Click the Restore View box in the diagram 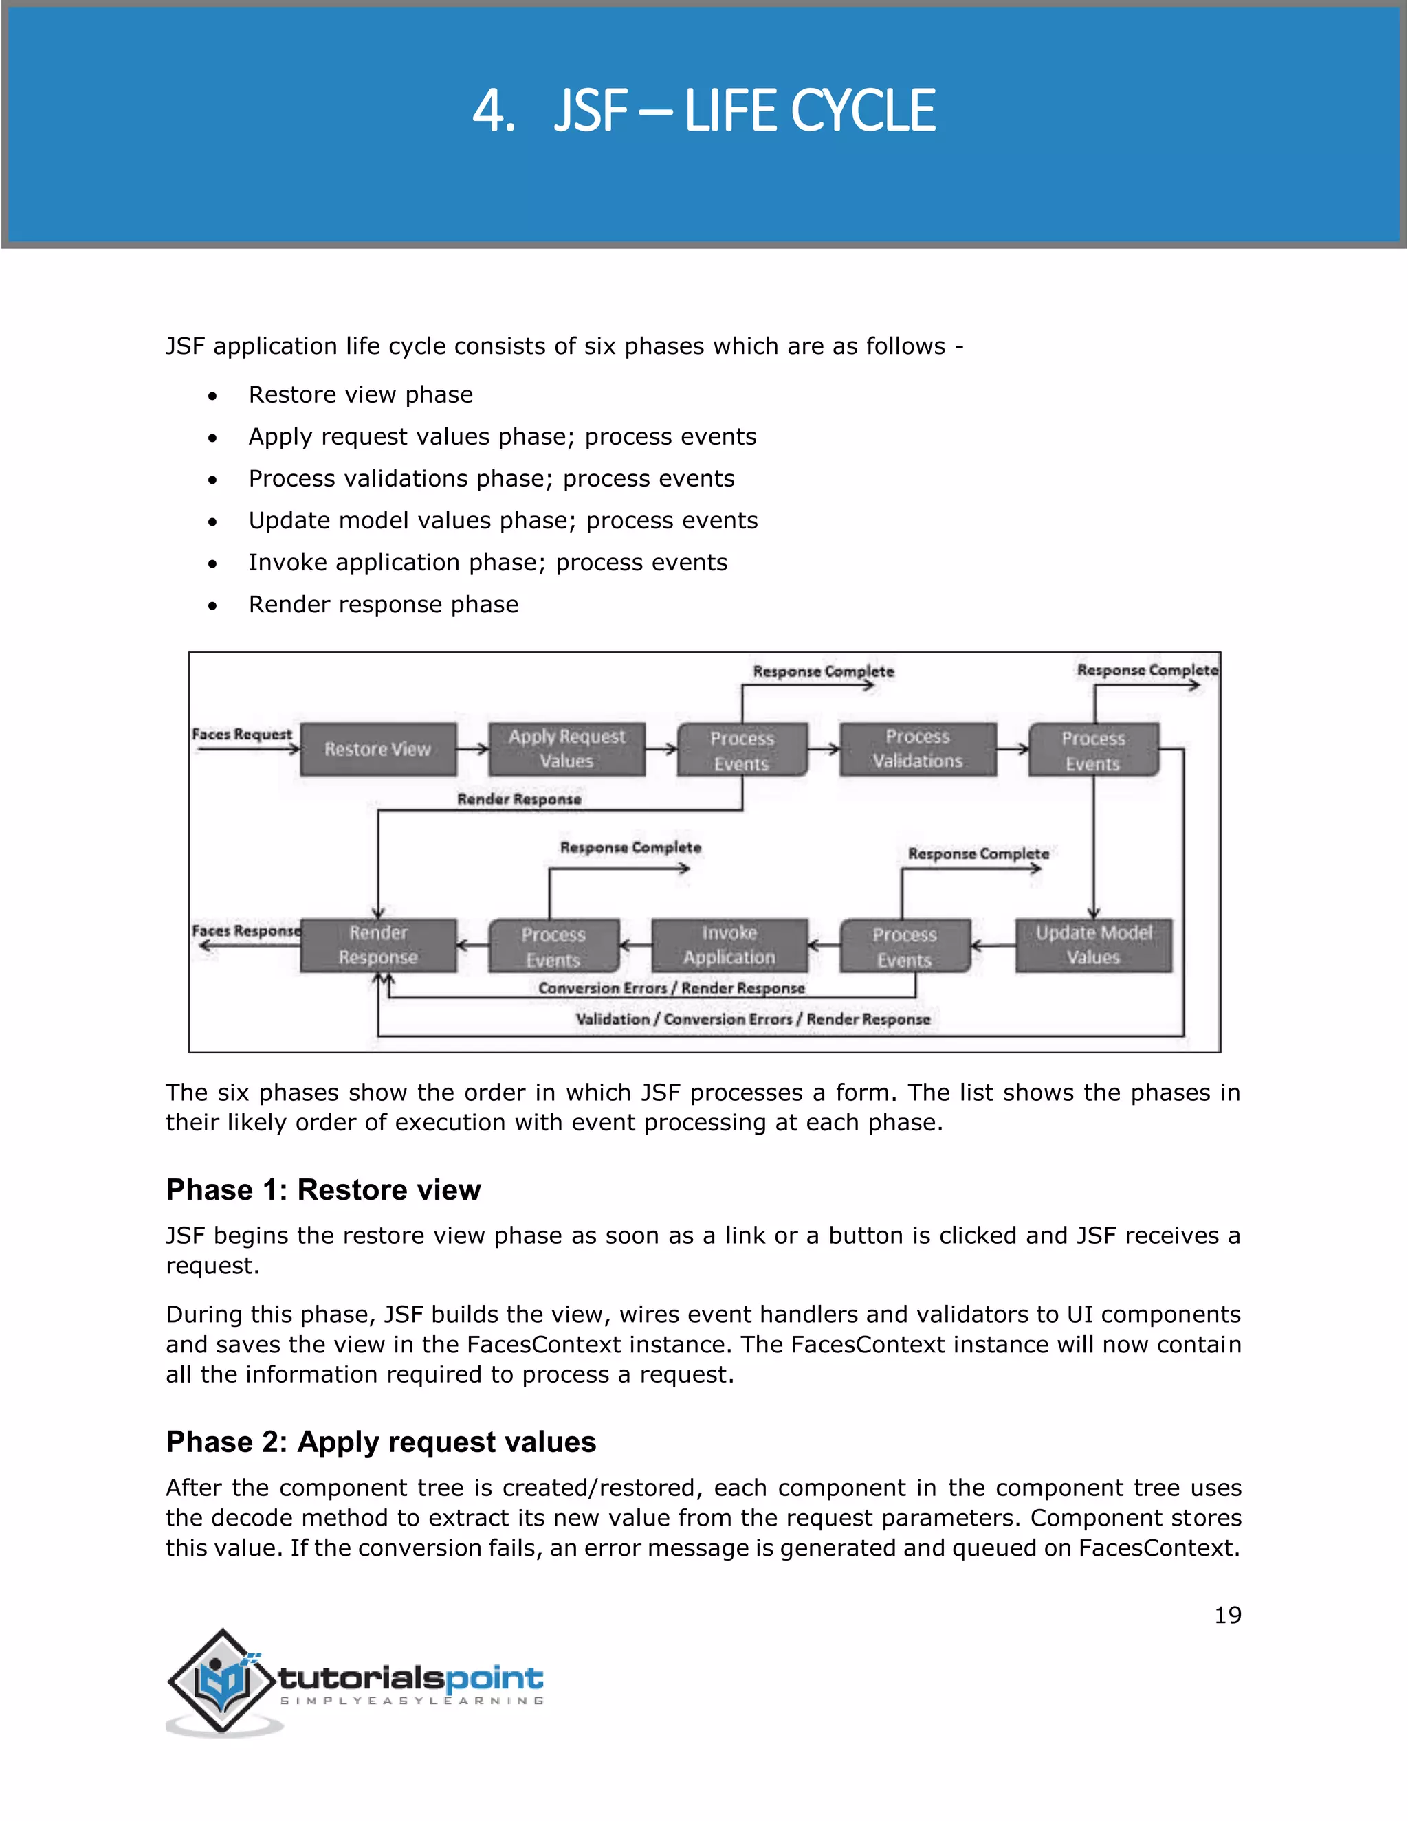click(378, 749)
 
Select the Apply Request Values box click(566, 749)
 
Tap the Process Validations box click(918, 749)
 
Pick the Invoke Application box click(729, 945)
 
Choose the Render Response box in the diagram click(378, 945)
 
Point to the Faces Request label click(242, 734)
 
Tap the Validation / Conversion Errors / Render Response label click(752, 1019)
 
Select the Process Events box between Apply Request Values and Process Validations click(742, 750)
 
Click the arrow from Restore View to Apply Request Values click(472, 749)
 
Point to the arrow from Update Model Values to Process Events click(993, 946)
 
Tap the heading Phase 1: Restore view click(323, 1189)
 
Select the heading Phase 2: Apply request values click(380, 1442)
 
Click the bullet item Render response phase click(383, 605)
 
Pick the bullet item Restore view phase click(360, 394)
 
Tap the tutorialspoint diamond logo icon click(221, 1680)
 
